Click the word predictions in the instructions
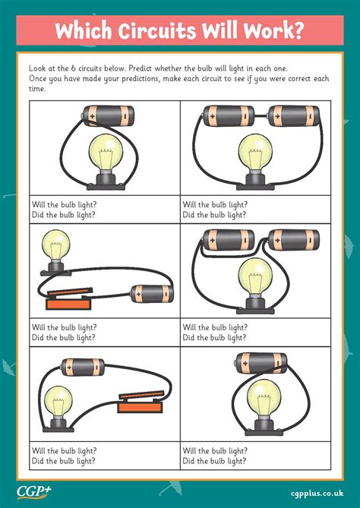(140, 79)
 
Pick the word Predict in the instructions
(141, 68)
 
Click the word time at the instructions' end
(36, 89)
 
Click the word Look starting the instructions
(36, 68)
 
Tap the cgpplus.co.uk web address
(317, 494)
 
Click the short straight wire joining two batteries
(261, 115)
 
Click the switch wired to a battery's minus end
(141, 401)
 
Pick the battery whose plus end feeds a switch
(151, 294)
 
